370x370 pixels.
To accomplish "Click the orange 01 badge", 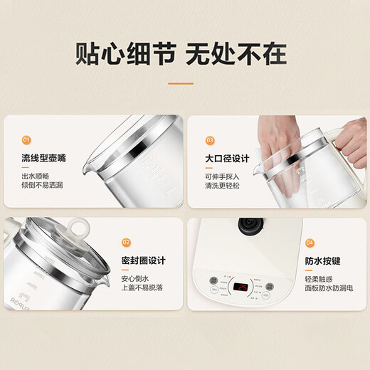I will (26, 140).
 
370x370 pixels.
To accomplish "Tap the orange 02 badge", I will (127, 242).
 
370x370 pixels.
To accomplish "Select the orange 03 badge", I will (210, 140).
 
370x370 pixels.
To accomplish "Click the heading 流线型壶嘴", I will (45, 158).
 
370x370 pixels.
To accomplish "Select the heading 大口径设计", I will (228, 158).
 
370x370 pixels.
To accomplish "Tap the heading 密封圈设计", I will (146, 260).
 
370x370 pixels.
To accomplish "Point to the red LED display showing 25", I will (243, 287).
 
